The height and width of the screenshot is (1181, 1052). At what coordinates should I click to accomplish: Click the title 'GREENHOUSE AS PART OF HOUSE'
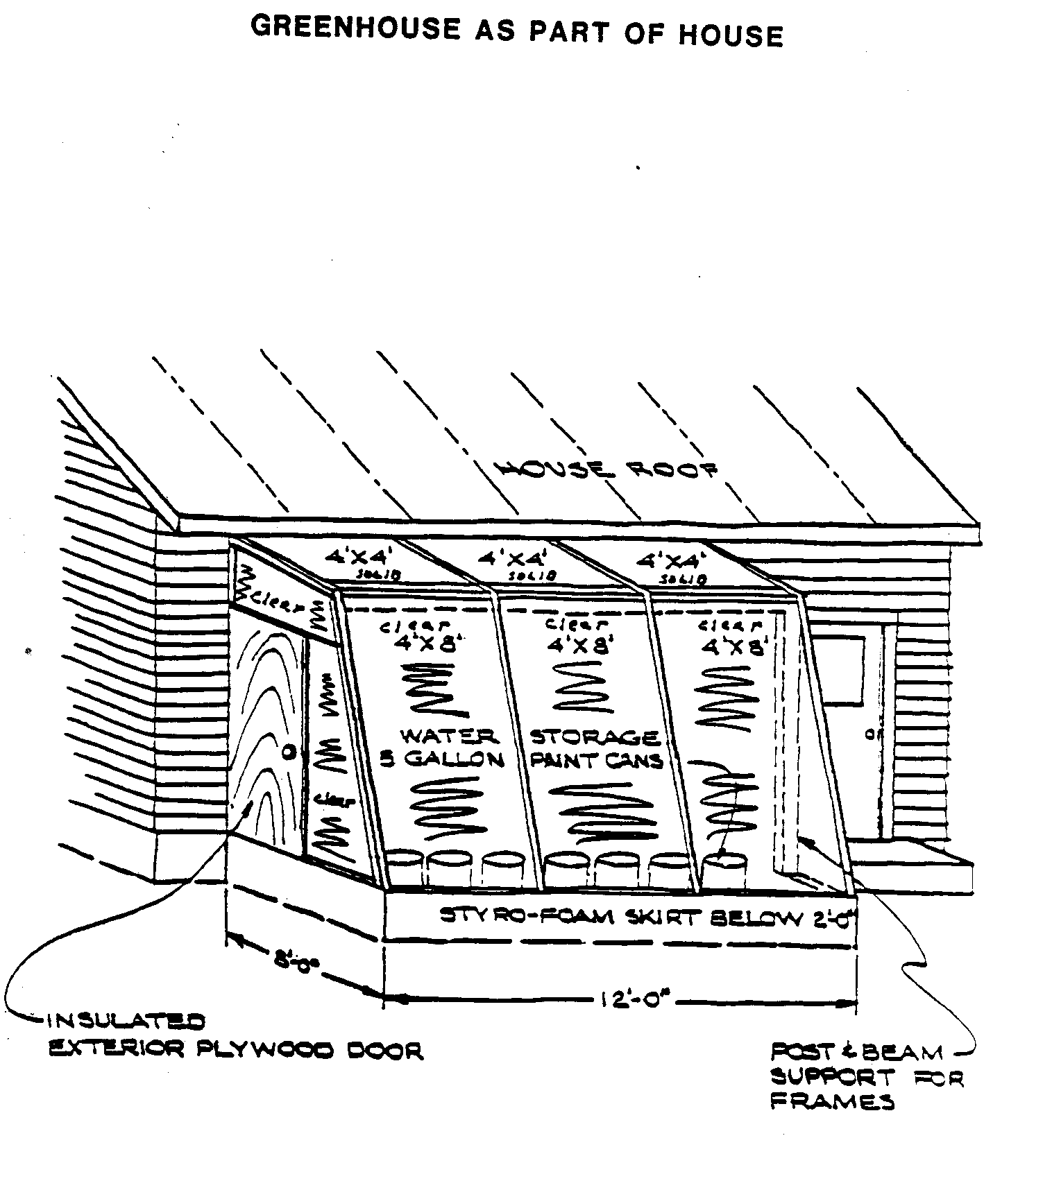pyautogui.click(x=516, y=31)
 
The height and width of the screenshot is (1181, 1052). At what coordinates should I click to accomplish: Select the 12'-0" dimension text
pyautogui.click(x=634, y=1001)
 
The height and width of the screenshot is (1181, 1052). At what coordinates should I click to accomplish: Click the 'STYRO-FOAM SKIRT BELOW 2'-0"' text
pyautogui.click(x=649, y=917)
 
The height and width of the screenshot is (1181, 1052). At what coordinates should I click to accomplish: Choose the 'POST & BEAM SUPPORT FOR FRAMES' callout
pyautogui.click(x=866, y=1076)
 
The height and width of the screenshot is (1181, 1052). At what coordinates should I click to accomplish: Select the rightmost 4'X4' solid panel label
pyautogui.click(x=670, y=559)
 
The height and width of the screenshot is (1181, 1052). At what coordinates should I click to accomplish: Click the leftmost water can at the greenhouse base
pyautogui.click(x=403, y=868)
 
